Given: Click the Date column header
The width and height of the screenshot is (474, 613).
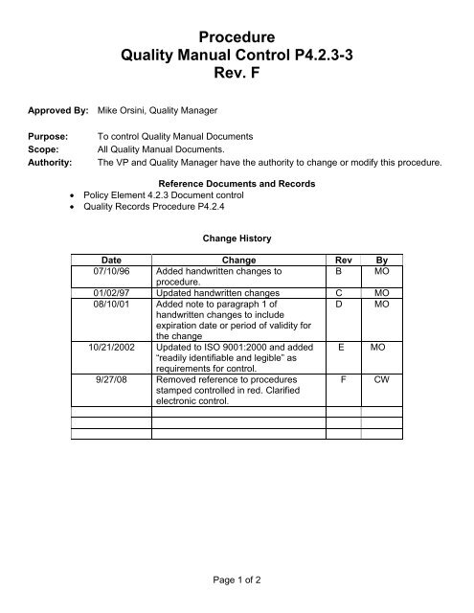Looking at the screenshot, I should tap(112, 260).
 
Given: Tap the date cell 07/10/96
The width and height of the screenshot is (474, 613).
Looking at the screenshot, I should tap(111, 271).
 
